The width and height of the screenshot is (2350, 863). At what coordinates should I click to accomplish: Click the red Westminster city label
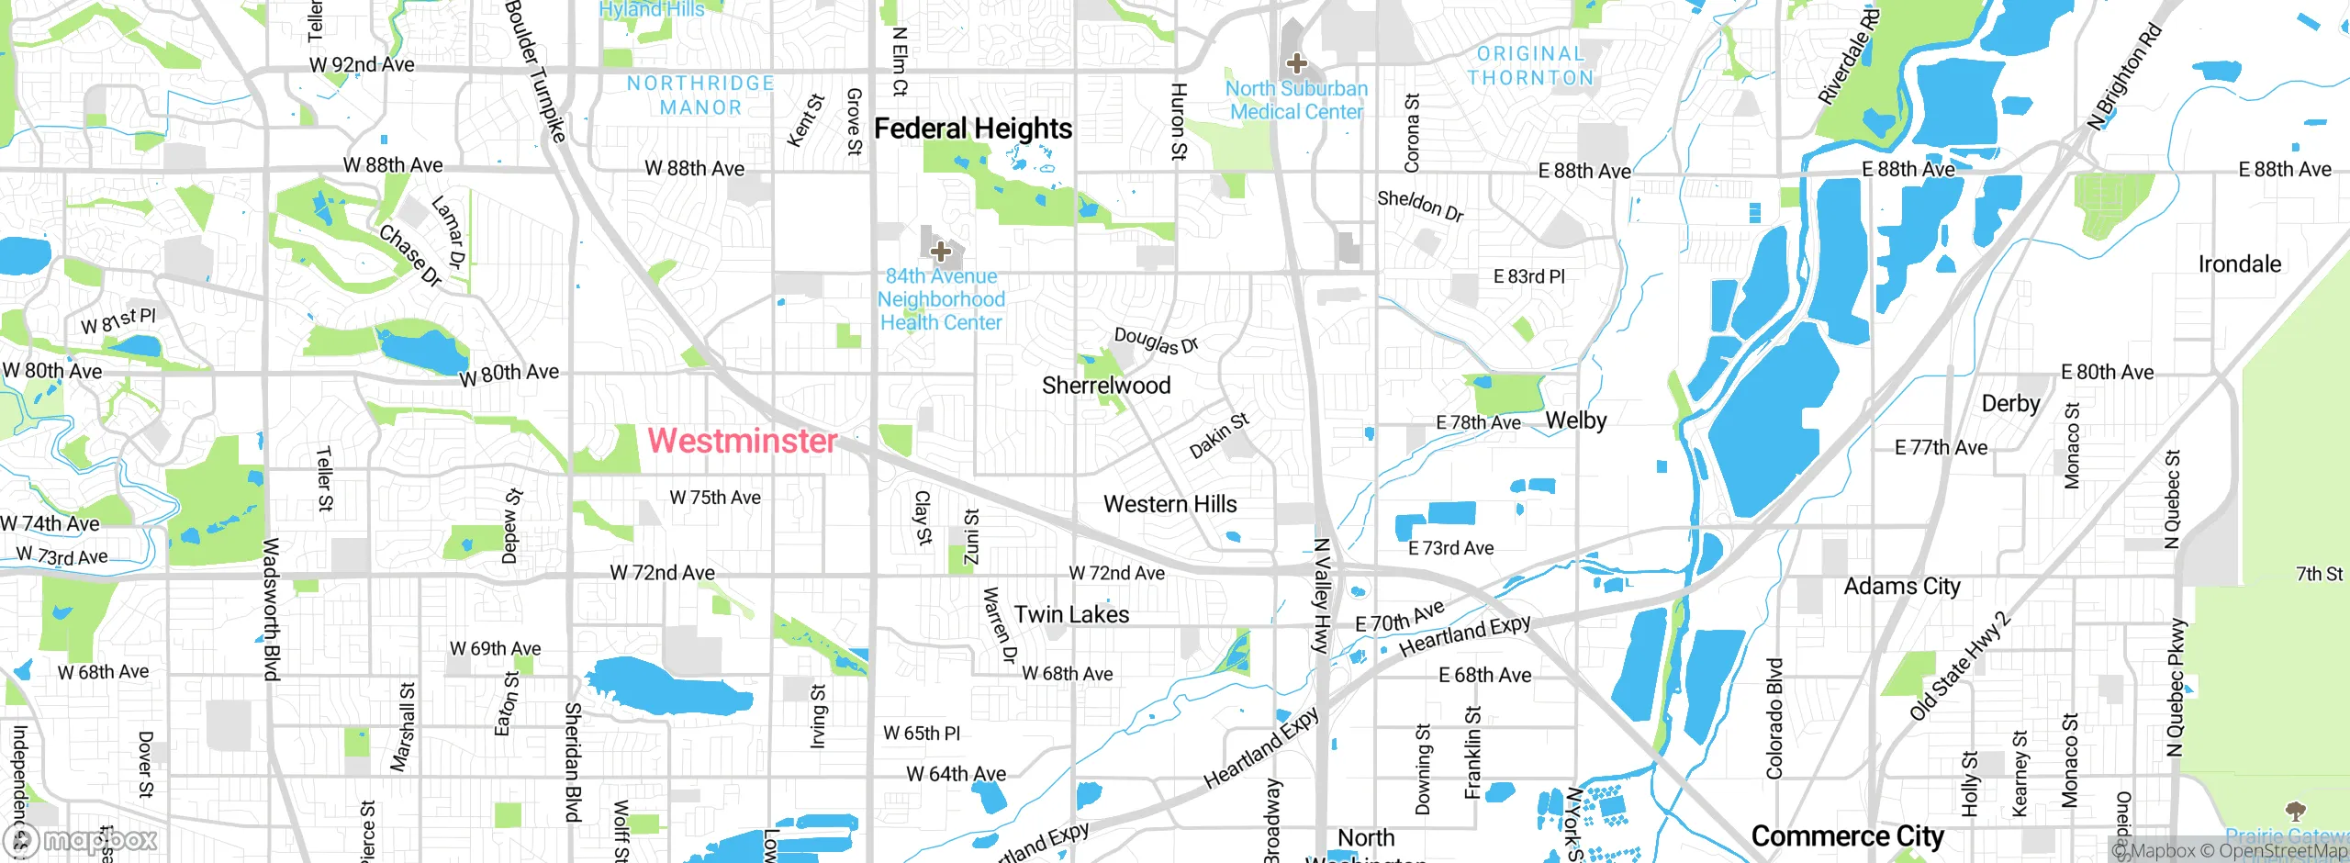coord(742,441)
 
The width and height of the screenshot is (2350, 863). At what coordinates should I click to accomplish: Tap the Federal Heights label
coord(972,129)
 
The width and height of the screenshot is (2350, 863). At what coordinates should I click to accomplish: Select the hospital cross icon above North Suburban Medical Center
coord(1296,63)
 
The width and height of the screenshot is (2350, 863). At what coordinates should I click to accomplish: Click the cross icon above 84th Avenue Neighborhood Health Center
coord(940,251)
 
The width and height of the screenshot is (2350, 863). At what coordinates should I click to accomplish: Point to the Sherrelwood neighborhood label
coord(1106,386)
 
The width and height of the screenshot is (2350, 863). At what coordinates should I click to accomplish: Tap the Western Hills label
coord(1169,504)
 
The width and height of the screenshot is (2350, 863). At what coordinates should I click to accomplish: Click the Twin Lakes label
coord(1071,614)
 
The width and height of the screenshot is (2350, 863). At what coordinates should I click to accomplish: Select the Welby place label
coord(1575,420)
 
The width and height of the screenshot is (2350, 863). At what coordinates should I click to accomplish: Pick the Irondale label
coord(2239,264)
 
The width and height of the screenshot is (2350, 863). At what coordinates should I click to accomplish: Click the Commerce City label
coord(1847,836)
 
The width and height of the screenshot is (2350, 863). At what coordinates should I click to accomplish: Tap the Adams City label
coord(1902,586)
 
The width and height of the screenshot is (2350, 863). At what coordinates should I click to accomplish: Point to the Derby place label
coord(2010,404)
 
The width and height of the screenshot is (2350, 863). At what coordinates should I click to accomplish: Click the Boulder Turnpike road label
coord(535,72)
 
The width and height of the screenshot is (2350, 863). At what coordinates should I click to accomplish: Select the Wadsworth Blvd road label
coord(271,609)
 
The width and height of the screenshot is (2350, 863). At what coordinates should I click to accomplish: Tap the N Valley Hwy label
coord(1321,595)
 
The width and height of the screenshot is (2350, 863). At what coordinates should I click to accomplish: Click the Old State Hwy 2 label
coord(1959,667)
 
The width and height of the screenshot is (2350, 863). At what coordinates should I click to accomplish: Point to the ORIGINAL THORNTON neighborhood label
coord(1530,66)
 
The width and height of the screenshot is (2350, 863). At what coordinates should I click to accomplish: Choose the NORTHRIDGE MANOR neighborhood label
coord(700,95)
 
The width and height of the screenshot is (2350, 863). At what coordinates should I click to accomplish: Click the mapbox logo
coord(81,840)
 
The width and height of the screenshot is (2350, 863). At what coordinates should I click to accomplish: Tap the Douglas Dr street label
coord(1156,341)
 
